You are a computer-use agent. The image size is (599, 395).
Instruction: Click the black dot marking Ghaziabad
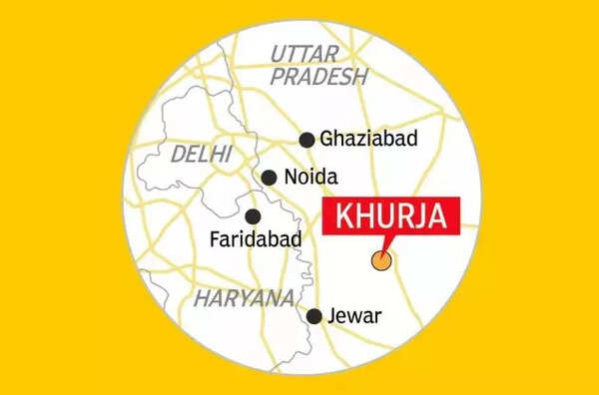pos(306,140)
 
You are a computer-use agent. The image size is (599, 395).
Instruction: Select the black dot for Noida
pos(269,178)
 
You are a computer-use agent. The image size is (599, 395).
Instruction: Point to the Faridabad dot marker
pos(254,215)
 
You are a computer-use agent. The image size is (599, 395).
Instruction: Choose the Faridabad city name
pos(251,240)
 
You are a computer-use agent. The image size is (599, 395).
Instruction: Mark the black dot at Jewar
pos(314,316)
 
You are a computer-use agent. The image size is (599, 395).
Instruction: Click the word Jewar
pos(359,316)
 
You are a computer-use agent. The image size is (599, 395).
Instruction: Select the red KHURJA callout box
pos(391,215)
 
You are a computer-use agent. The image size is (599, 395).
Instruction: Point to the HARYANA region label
pos(245,298)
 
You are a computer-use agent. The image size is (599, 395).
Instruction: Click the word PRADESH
pos(320,77)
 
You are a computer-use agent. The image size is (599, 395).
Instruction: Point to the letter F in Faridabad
pos(215,240)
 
